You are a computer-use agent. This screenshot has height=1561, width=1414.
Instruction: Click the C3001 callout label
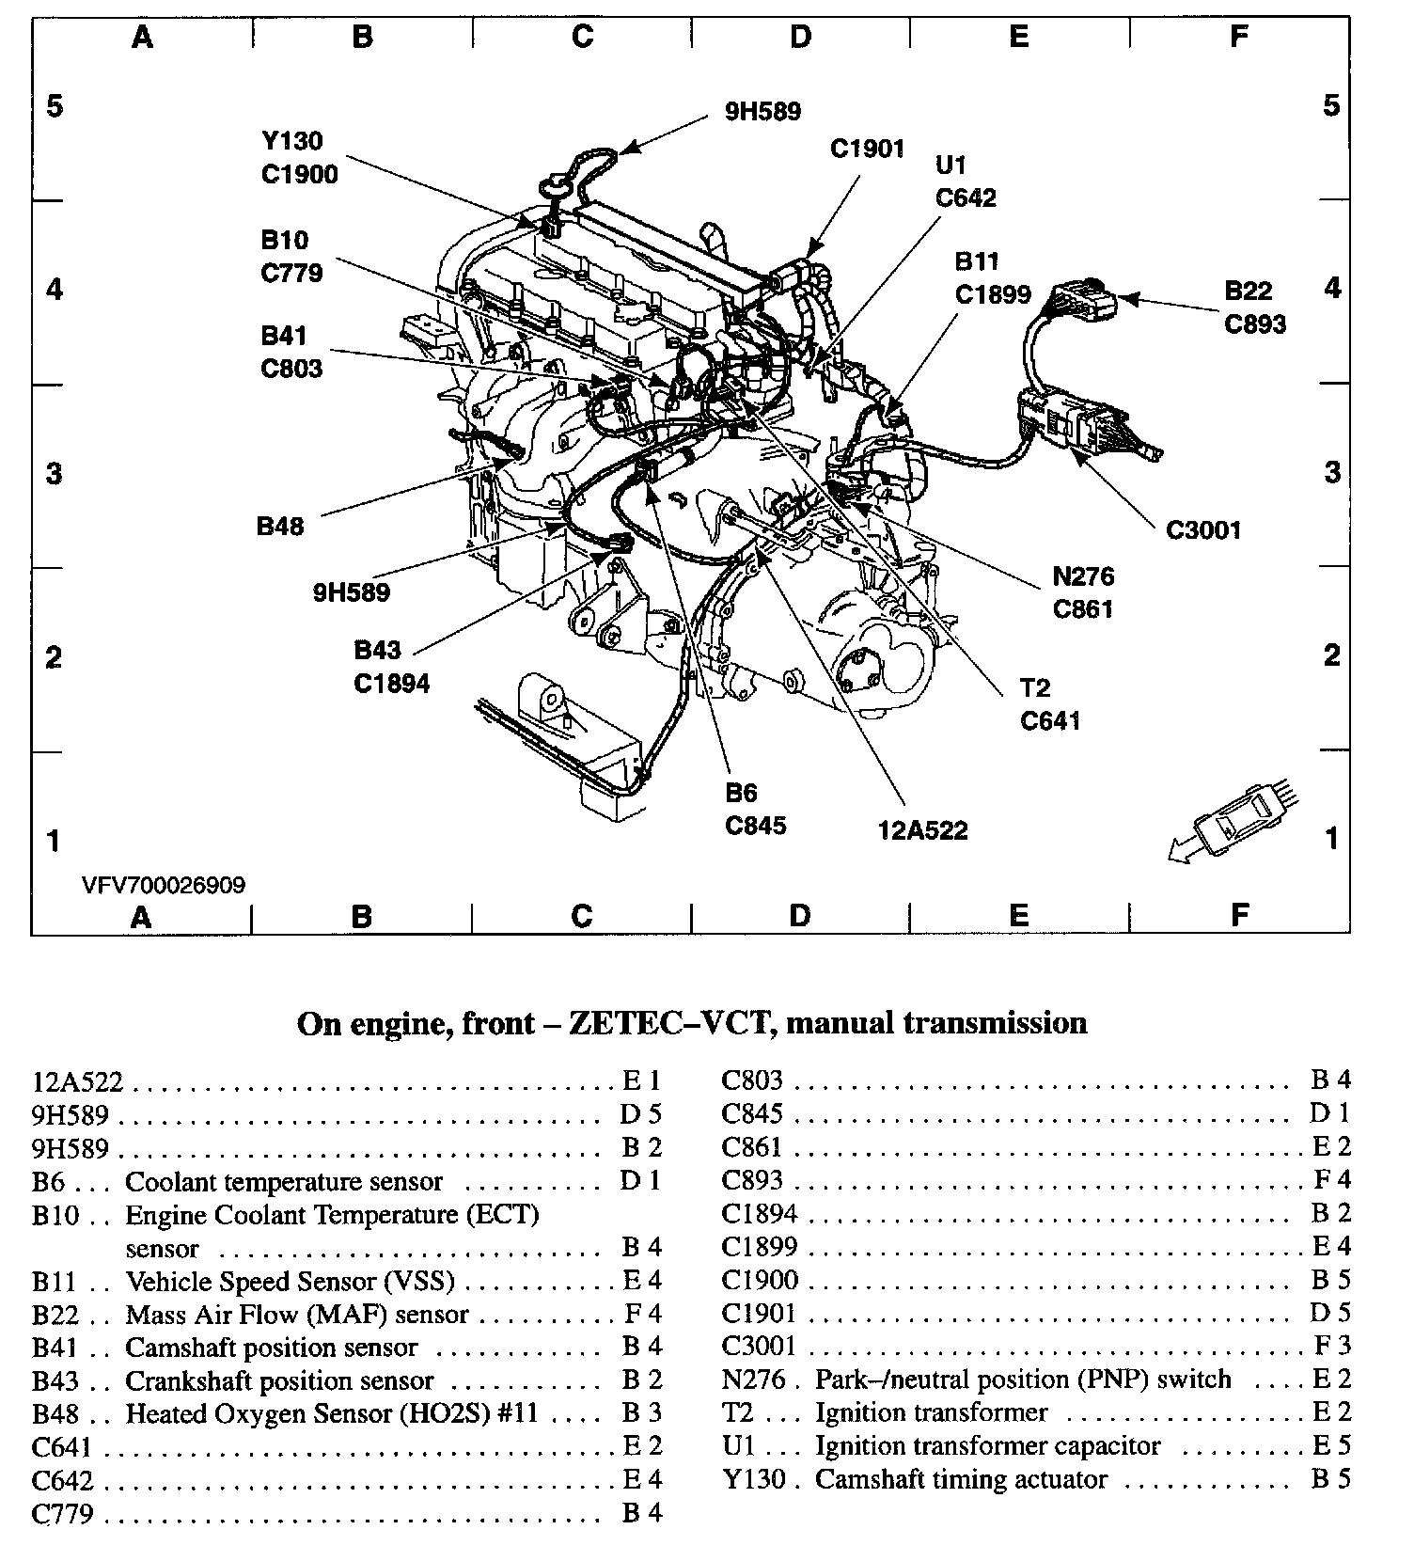click(x=1203, y=530)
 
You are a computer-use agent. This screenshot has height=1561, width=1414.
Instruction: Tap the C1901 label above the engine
click(x=867, y=149)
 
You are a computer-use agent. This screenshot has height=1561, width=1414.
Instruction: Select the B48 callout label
click(x=280, y=526)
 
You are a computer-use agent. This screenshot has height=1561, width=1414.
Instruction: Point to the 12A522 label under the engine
click(x=922, y=830)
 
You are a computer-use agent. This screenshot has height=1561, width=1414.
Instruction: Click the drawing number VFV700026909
click(x=164, y=885)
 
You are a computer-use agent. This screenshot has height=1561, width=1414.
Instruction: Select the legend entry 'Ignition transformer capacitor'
click(x=987, y=1445)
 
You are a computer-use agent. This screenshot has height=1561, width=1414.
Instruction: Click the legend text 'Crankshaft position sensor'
click(x=279, y=1380)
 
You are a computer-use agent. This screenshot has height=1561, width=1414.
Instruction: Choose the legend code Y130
click(x=753, y=1479)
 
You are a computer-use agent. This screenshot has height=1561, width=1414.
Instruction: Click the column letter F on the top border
click(x=1239, y=36)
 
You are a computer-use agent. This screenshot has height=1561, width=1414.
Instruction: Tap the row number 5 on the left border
click(x=55, y=105)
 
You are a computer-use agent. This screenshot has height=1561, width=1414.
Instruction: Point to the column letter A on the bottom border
click(x=141, y=916)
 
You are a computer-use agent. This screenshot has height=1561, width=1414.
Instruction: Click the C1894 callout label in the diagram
click(x=391, y=684)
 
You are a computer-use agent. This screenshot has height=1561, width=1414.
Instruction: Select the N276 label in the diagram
click(x=1083, y=576)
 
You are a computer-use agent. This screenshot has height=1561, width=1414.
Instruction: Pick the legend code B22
click(x=55, y=1315)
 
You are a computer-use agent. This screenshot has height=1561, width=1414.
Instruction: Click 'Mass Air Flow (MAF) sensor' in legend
click(x=296, y=1315)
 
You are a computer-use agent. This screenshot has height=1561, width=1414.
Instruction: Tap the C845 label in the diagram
click(x=755, y=825)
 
